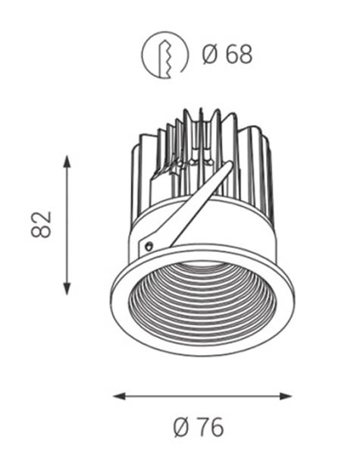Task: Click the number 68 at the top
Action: (239, 55)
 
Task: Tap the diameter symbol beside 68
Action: (210, 55)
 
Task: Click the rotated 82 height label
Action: (41, 224)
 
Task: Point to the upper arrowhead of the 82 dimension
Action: (67, 162)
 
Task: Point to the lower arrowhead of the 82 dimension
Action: (67, 289)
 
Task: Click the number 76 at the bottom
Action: (211, 427)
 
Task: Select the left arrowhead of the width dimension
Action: (119, 396)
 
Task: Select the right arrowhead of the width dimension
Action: (286, 396)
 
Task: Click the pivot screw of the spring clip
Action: (149, 246)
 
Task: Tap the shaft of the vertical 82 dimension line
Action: (67, 225)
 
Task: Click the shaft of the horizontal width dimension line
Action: (202, 396)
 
